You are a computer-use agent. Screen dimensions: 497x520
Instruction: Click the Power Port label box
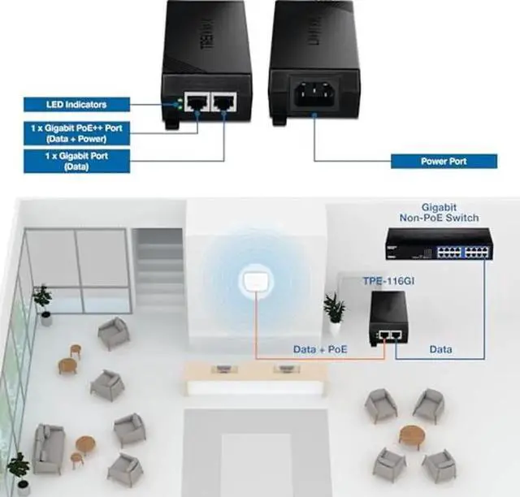coord(444,161)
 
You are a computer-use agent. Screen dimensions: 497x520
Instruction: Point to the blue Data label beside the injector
coord(440,350)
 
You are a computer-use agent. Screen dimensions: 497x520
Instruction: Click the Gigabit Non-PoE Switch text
coord(440,213)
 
